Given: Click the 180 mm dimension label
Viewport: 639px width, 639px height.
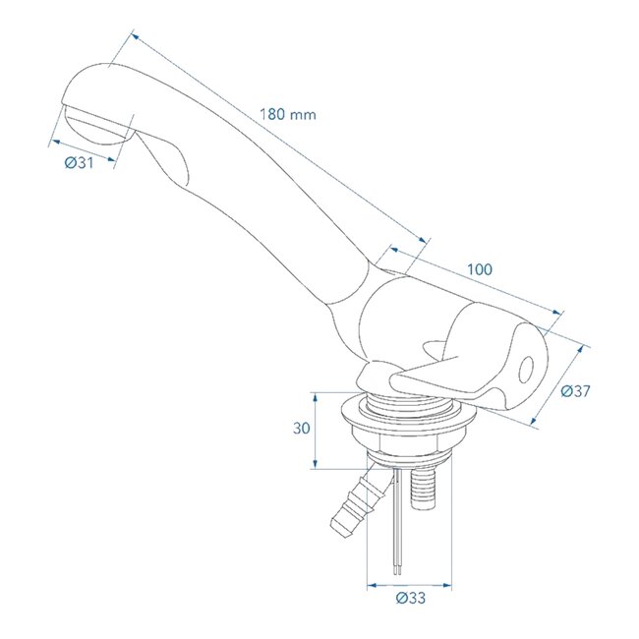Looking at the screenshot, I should tap(288, 114).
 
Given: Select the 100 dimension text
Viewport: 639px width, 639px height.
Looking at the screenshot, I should tap(480, 269).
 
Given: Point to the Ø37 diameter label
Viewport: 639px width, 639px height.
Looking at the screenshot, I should tap(575, 391).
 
